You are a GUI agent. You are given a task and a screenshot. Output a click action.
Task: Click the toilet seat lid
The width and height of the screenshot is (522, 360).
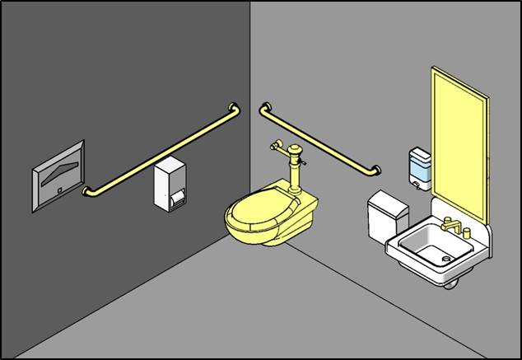(x=258, y=213)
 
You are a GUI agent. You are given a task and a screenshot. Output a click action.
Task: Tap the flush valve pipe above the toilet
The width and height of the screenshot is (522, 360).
(x=292, y=169)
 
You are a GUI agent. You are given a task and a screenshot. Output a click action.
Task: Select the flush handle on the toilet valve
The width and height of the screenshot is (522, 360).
(x=305, y=164)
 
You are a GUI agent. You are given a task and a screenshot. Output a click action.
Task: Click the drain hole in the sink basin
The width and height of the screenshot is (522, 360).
(x=446, y=259)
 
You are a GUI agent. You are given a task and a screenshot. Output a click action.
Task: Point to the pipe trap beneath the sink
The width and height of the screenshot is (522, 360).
(x=451, y=283)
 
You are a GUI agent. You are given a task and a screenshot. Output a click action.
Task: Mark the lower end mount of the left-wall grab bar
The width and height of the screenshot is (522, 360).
(x=86, y=192)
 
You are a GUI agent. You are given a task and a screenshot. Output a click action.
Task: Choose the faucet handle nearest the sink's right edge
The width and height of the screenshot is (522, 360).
(x=467, y=233)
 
